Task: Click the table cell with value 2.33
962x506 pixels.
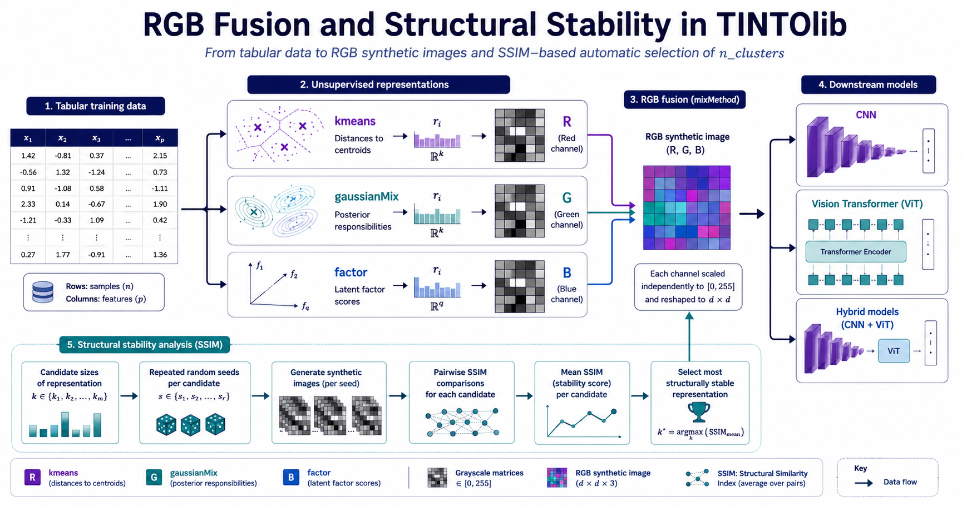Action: coord(28,204)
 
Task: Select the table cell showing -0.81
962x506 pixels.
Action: coord(63,156)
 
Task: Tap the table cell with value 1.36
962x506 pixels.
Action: coord(160,255)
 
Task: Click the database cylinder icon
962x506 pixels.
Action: coord(43,292)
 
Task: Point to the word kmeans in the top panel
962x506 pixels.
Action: coord(355,121)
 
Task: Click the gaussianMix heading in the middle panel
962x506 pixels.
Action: coord(367,196)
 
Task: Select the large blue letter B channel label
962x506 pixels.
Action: coord(567,273)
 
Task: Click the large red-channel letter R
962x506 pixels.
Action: coord(567,122)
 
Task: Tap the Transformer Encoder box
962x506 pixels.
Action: coord(856,252)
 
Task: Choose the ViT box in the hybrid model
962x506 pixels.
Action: coord(894,351)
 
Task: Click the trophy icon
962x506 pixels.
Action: coord(699,412)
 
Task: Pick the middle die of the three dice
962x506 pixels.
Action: coord(190,425)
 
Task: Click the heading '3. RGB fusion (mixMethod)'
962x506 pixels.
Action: coord(684,100)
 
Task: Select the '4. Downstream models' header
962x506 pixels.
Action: coord(868,85)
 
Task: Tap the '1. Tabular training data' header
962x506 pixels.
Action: coord(96,106)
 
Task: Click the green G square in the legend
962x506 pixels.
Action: coord(154,477)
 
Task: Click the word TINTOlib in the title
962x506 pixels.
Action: coord(782,25)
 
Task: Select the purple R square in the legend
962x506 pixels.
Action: coord(32,477)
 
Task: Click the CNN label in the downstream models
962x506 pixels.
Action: coord(866,115)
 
